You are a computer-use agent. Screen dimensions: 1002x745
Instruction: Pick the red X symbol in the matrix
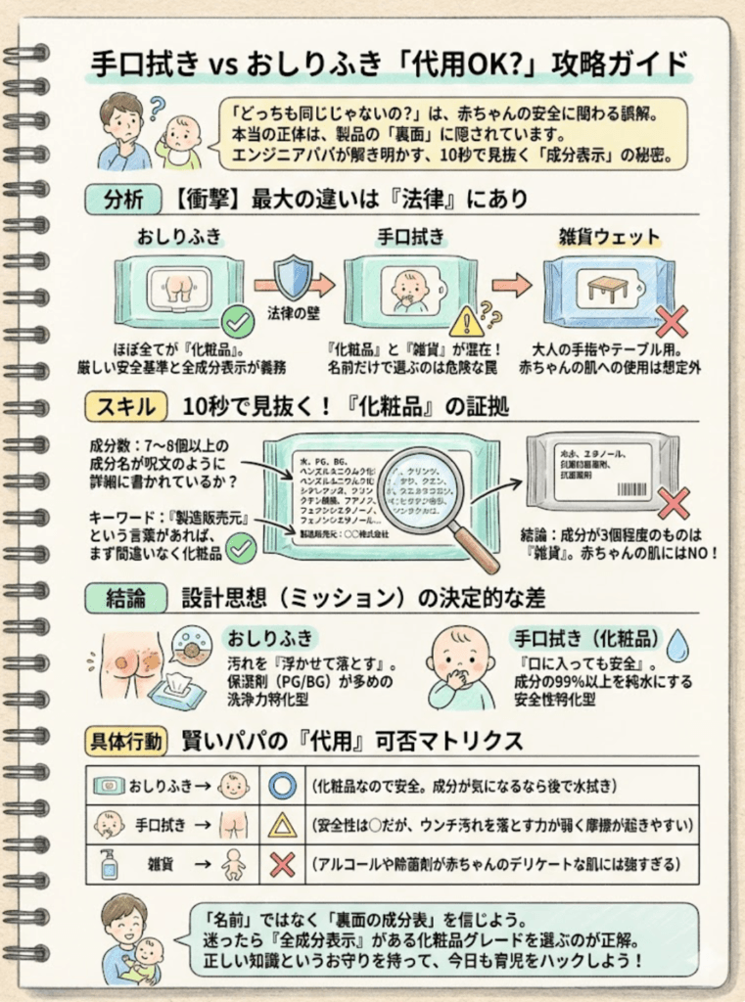click(x=282, y=864)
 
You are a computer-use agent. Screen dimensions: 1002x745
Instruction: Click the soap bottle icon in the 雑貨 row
click(x=108, y=864)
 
